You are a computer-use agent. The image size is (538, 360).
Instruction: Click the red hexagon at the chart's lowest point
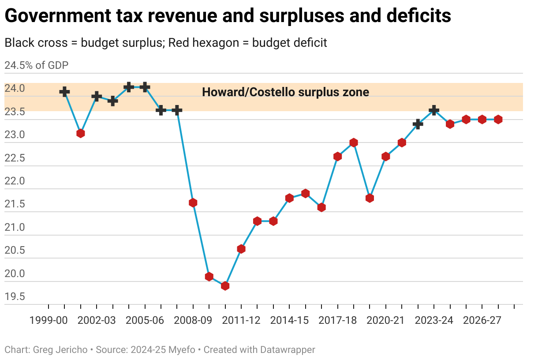[x=225, y=286]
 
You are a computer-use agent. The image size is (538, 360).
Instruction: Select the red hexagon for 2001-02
[x=80, y=133]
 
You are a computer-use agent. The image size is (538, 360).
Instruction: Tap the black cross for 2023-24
[x=434, y=110]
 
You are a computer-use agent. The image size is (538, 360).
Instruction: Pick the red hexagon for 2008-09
[x=193, y=203]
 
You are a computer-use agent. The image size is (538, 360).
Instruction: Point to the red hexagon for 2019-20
[x=370, y=198]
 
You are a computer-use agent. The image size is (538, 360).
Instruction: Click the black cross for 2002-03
[x=97, y=97]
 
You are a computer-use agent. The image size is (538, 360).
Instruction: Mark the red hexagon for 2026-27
[x=482, y=120]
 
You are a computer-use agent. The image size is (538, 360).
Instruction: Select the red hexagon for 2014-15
[x=289, y=198]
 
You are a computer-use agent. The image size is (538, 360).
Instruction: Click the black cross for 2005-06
[x=145, y=87]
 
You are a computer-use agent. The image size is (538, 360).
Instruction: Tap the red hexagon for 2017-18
[x=338, y=157]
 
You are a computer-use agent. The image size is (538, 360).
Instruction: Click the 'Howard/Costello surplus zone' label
[x=285, y=92]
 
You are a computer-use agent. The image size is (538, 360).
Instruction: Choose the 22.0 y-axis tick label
[x=15, y=181]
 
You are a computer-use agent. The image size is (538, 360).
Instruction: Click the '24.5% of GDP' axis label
[x=37, y=66]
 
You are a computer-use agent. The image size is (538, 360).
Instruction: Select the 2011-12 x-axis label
[x=241, y=321]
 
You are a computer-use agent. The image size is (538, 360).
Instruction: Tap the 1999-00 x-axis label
[x=49, y=321]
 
